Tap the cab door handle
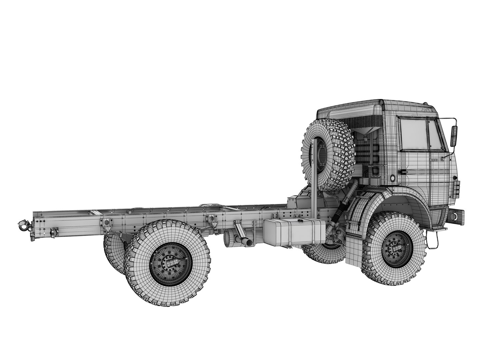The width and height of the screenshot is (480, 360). tap(403, 172)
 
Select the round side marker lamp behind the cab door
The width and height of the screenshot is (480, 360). tap(393, 178)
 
